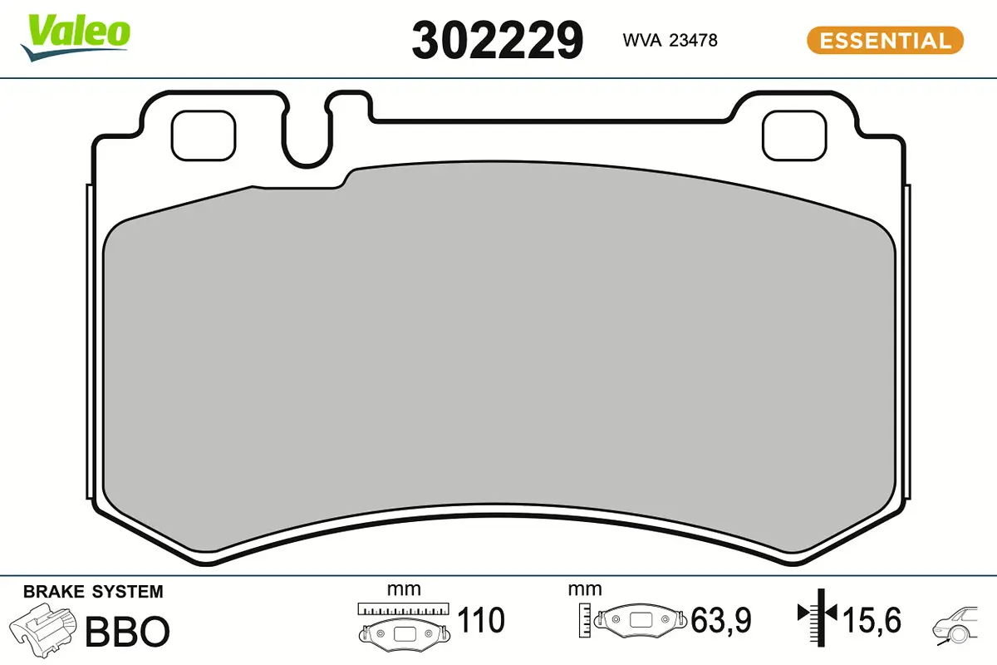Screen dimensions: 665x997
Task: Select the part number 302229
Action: [x=498, y=39]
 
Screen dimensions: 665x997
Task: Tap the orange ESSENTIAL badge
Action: [x=885, y=40]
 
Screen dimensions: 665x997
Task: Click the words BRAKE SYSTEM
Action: [x=93, y=592]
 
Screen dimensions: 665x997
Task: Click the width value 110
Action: [x=481, y=620]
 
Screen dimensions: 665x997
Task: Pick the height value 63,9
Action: [x=721, y=620]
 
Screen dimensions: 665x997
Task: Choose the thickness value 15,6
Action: [x=872, y=620]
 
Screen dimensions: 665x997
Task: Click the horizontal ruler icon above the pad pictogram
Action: [x=403, y=608]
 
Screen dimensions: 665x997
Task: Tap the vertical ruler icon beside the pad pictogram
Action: [x=585, y=619]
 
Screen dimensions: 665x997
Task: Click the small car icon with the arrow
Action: [x=960, y=623]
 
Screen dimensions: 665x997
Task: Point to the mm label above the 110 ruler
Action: [x=404, y=589]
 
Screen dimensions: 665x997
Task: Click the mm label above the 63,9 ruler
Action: [x=585, y=589]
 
